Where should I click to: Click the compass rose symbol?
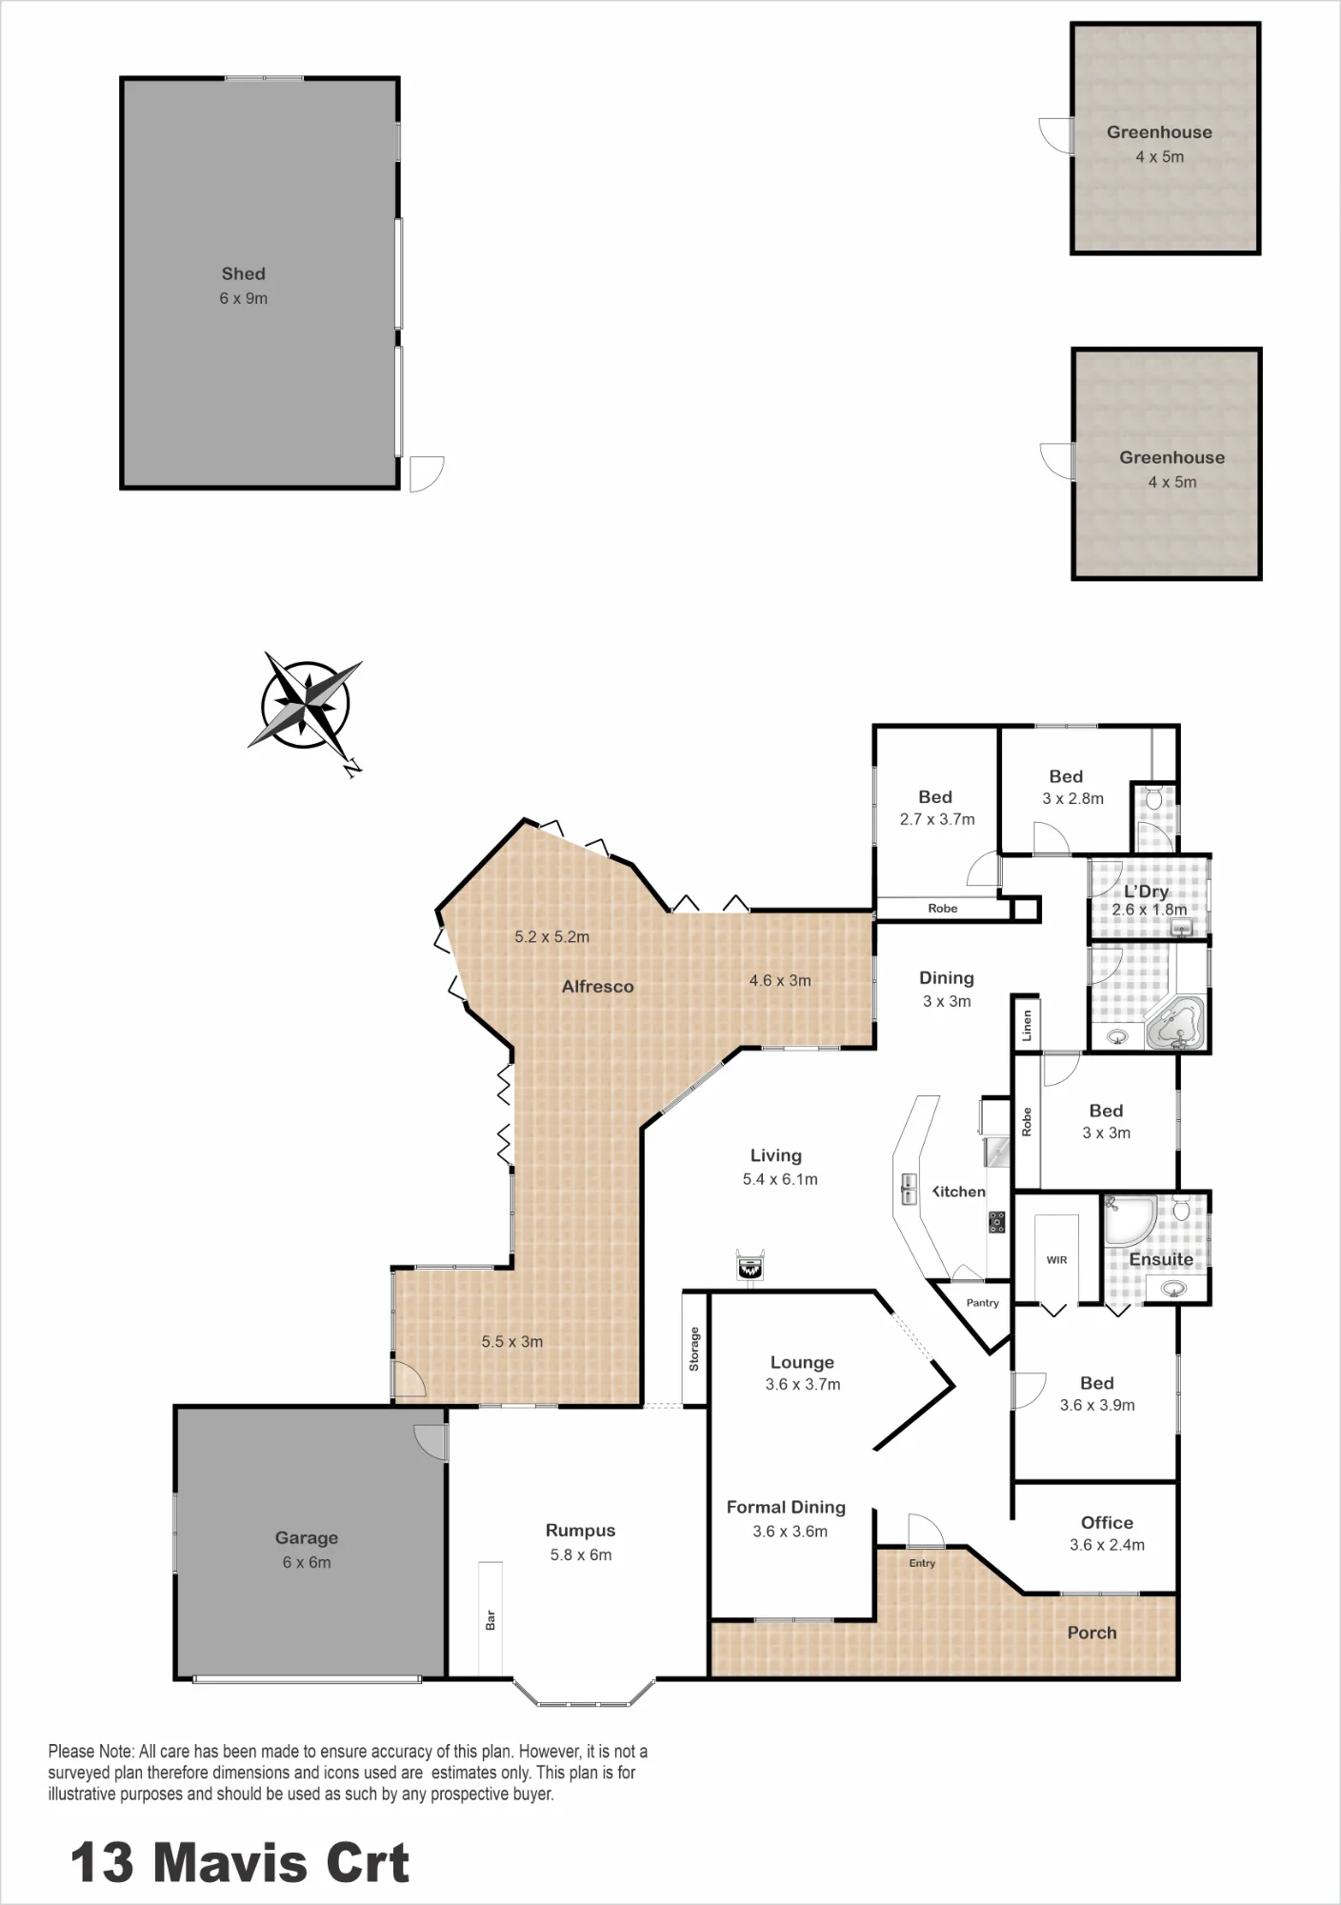pyautogui.click(x=305, y=706)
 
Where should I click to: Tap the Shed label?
pyautogui.click(x=244, y=274)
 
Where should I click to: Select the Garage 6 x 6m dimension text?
pyautogui.click(x=307, y=1562)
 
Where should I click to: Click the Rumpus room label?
pyautogui.click(x=580, y=1531)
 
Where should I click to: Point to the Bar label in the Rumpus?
pyautogui.click(x=490, y=1619)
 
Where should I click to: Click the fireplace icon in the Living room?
pyautogui.click(x=751, y=1265)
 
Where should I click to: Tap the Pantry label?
pyautogui.click(x=983, y=1303)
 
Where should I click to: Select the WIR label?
pyautogui.click(x=1057, y=1260)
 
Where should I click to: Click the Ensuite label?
pyautogui.click(x=1161, y=1259)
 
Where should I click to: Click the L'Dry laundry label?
pyautogui.click(x=1146, y=892)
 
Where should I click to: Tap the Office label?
pyautogui.click(x=1107, y=1523)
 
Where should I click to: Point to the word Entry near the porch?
pyautogui.click(x=922, y=1563)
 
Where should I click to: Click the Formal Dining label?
pyautogui.click(x=786, y=1507)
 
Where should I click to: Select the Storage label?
pyautogui.click(x=694, y=1349)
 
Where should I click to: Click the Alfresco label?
pyautogui.click(x=597, y=987)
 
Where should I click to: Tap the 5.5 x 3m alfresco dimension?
pyautogui.click(x=512, y=1341)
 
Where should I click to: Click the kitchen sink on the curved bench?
pyautogui.click(x=909, y=1190)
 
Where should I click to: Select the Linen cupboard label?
pyautogui.click(x=1027, y=1026)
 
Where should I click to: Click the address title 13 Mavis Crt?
pyautogui.click(x=240, y=1862)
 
